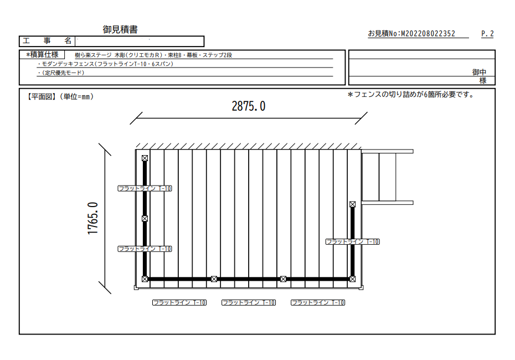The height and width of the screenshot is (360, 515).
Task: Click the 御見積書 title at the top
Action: coord(120,29)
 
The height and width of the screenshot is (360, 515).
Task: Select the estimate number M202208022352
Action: coord(428,33)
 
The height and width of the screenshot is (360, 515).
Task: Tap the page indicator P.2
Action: coord(487,33)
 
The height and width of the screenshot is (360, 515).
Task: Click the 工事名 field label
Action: coord(47,41)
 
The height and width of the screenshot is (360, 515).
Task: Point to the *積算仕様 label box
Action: coord(42,54)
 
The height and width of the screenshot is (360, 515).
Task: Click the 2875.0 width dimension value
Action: coord(249,106)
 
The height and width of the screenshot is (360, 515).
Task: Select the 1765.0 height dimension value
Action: coord(93,218)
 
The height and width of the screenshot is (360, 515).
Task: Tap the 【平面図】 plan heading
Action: coord(42,96)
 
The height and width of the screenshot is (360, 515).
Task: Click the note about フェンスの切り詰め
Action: coord(411,95)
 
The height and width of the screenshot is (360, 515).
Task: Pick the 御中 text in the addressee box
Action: coord(479,72)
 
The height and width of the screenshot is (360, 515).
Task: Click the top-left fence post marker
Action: coord(145,158)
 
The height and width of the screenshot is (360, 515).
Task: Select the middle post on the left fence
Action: coord(145,218)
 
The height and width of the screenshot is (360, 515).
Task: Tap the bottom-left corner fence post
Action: coord(145,279)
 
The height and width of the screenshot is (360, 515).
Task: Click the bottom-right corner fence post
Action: coord(352,279)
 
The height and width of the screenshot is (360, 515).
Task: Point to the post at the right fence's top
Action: coord(352,204)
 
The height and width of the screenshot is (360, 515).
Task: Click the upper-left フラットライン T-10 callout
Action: coord(145,188)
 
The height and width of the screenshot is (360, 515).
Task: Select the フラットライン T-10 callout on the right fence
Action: coord(352,241)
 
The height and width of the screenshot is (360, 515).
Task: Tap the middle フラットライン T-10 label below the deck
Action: coord(249,302)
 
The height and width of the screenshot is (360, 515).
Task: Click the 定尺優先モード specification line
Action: coord(61,73)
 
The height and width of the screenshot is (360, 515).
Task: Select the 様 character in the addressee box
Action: coord(483,80)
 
